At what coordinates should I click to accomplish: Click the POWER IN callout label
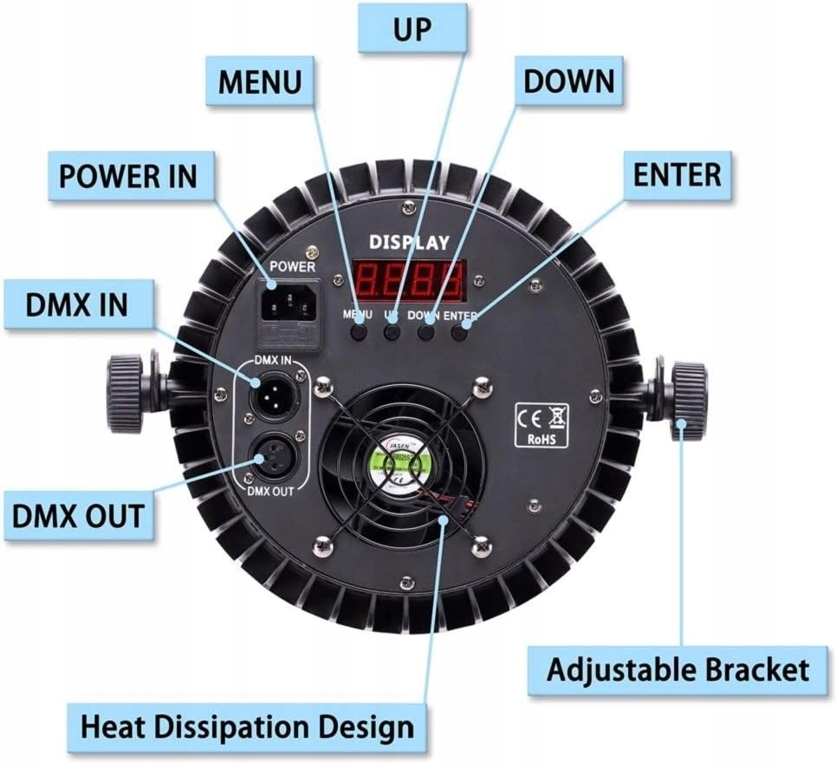128,176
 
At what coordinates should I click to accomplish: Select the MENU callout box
260,82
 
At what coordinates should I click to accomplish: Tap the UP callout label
413,29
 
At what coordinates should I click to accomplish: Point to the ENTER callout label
678,174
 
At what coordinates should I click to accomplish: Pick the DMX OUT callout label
77,516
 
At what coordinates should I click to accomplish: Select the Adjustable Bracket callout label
678,669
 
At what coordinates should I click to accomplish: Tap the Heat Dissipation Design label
247,725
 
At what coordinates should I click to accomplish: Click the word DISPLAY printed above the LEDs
409,242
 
